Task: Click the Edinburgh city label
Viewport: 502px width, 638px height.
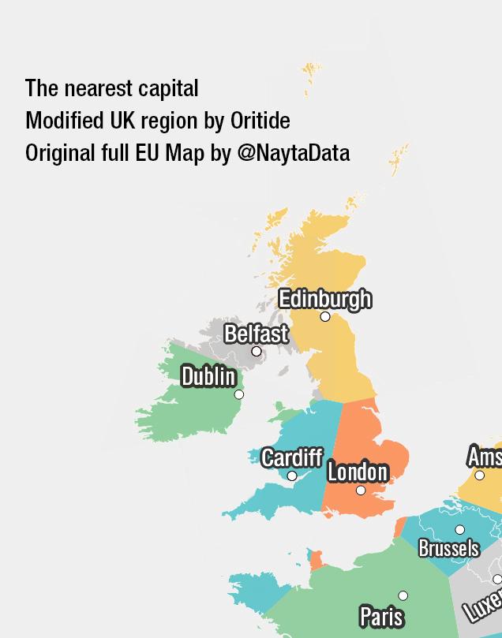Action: (324, 299)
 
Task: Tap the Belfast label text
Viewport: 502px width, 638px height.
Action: (256, 334)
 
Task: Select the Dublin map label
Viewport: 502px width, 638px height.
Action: (208, 376)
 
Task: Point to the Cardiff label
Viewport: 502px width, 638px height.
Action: (291, 457)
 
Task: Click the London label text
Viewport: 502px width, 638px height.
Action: (358, 472)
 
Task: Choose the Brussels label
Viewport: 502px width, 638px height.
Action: (448, 547)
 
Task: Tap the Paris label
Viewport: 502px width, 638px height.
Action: (381, 616)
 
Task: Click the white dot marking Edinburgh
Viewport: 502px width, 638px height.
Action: (325, 316)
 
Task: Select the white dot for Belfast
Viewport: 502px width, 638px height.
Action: (257, 351)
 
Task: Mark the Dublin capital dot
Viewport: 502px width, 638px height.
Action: (239, 394)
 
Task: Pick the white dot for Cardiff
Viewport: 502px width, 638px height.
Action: (292, 476)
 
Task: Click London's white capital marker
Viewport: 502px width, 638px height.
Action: (361, 491)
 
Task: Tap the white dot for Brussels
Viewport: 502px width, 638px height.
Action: (460, 530)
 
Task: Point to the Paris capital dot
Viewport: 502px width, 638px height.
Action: (403, 595)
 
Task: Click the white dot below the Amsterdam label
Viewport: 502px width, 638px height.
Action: (479, 475)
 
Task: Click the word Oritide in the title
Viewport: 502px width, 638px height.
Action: (260, 121)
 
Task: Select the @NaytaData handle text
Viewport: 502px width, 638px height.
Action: (293, 152)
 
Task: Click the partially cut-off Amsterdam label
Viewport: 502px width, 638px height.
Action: (485, 456)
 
